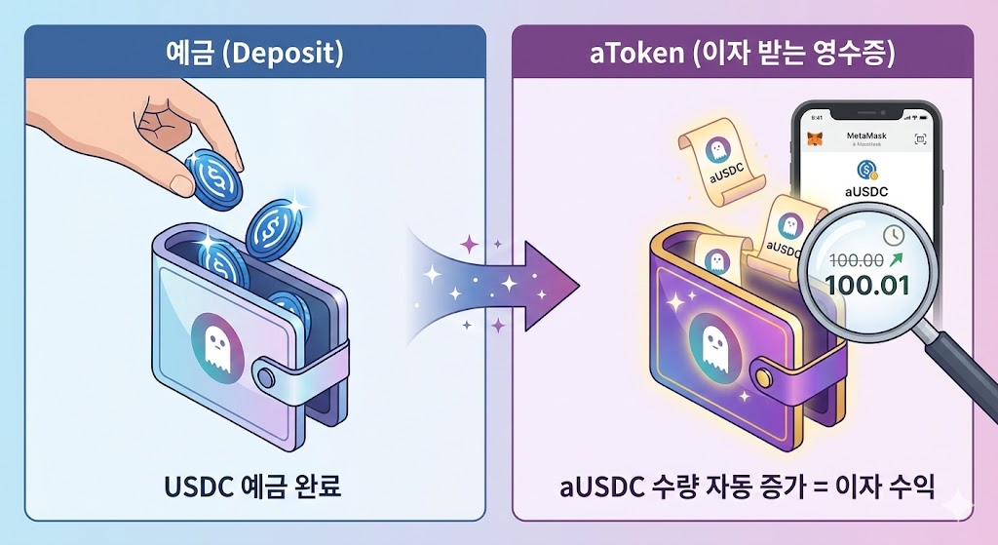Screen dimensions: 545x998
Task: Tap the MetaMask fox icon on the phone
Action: (815, 139)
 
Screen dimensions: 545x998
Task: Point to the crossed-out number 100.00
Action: (856, 261)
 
